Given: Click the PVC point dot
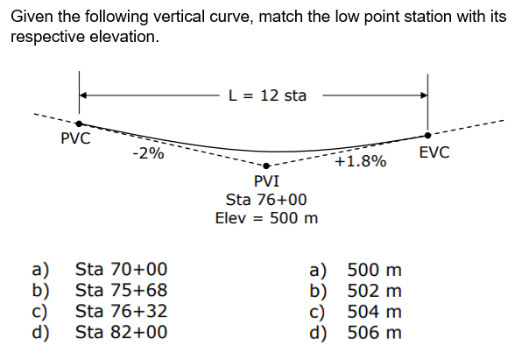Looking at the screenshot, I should click(x=79, y=124).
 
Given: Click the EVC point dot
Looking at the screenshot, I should click(x=427, y=136).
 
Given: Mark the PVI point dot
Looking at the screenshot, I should click(x=266, y=166).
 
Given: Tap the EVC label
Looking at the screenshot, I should click(x=434, y=153).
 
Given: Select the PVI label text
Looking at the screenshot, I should click(x=266, y=181).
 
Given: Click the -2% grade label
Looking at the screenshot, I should click(x=148, y=153).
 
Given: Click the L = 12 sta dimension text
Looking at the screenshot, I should click(x=267, y=95).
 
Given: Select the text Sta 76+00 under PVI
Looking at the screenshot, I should click(x=266, y=200).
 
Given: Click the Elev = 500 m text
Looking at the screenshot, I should click(x=266, y=217).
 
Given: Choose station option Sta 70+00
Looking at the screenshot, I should click(x=122, y=270).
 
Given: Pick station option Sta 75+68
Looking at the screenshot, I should click(x=122, y=290).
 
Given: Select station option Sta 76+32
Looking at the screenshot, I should click(x=122, y=311).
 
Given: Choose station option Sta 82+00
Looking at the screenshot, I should click(x=122, y=332).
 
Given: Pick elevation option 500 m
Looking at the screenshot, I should click(x=374, y=270).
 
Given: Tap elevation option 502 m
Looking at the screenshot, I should click(x=374, y=290).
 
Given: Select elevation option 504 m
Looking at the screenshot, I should click(x=374, y=311).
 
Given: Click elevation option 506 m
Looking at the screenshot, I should click(x=374, y=332).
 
